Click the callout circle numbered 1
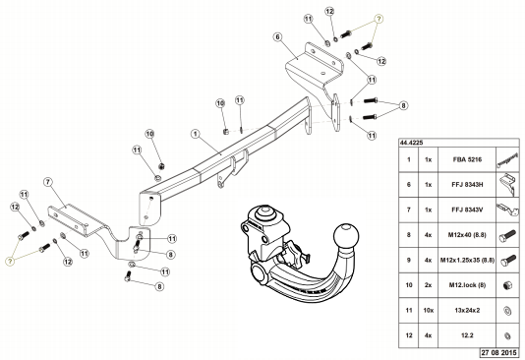[x=196, y=134]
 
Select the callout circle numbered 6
[x=277, y=36]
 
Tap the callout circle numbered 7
[x=48, y=182]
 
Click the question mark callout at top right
[x=379, y=19]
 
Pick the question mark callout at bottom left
[x=10, y=262]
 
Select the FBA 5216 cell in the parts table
[x=467, y=159]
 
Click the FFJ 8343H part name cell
[x=467, y=185]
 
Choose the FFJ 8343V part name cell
[x=467, y=210]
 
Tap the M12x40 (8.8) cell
[x=467, y=235]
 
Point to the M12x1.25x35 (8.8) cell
[x=467, y=261]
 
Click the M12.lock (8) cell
[x=467, y=285]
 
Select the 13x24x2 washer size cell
[x=467, y=311]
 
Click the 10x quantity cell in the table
[x=429, y=311]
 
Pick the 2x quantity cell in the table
[x=429, y=285]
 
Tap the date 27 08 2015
[x=498, y=353]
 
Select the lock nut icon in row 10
[x=507, y=285]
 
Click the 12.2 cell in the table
[x=467, y=335]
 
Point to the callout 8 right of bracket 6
[x=403, y=105]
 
